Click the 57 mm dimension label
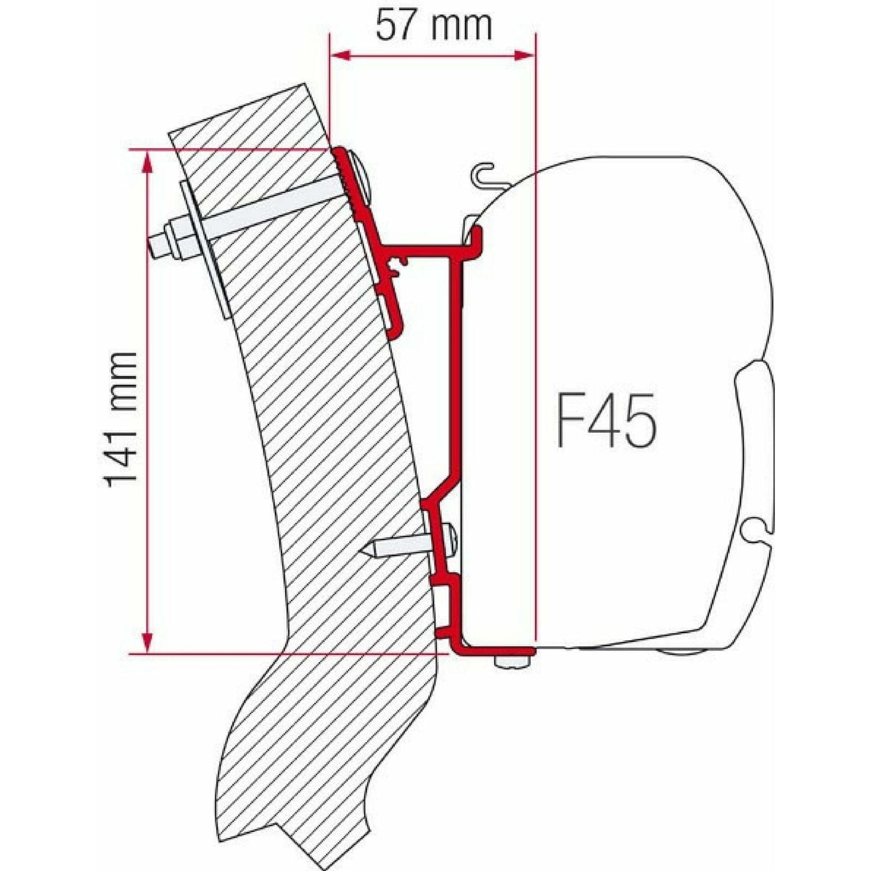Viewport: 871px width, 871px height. coord(433,25)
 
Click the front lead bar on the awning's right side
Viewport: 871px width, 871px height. coord(753,446)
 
